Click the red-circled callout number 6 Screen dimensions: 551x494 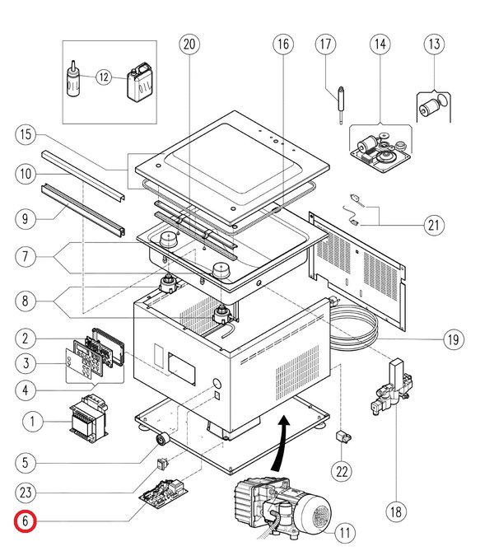tap(26, 521)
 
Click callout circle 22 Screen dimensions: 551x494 tap(341, 471)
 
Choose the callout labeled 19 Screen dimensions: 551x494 tap(452, 338)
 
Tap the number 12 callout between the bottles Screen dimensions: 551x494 tap(104, 77)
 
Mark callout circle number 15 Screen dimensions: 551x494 tap(26, 133)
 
